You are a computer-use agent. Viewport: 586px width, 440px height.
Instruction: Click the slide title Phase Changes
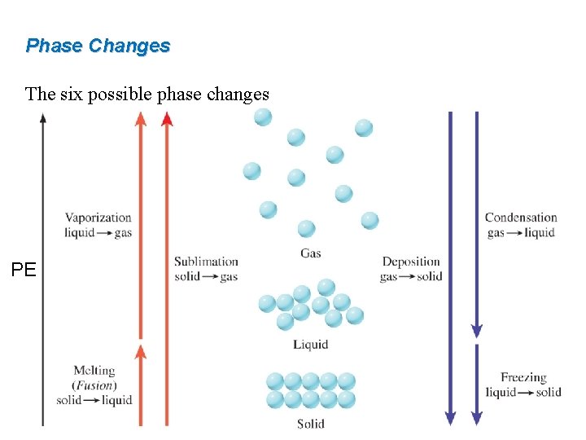[x=98, y=46]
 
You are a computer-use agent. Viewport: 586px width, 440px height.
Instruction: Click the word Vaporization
[x=98, y=218]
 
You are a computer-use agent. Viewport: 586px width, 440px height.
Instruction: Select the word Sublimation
[x=206, y=262]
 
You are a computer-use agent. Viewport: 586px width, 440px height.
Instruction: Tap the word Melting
[x=94, y=372]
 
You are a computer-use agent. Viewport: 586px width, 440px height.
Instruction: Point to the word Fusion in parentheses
[x=95, y=385]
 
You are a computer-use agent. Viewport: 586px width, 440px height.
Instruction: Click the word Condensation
[x=521, y=218]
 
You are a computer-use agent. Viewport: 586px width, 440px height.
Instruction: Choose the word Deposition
[x=411, y=262]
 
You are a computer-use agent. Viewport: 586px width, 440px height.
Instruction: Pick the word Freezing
[x=523, y=377]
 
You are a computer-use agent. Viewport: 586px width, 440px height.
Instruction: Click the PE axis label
[x=24, y=270]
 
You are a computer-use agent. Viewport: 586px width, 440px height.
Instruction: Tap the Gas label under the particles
[x=310, y=253]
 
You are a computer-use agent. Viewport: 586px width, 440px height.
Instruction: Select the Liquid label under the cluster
[x=310, y=345]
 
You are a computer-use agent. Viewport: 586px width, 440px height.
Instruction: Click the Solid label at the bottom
[x=310, y=424]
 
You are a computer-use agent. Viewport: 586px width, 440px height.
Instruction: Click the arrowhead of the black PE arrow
[x=43, y=117]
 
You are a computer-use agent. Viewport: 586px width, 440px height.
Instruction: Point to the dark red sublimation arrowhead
[x=167, y=119]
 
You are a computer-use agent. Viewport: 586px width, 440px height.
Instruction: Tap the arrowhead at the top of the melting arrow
[x=141, y=351]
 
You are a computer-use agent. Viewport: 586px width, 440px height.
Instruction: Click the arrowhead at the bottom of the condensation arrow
[x=476, y=331]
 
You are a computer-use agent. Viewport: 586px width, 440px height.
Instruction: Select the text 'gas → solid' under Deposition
[x=411, y=276]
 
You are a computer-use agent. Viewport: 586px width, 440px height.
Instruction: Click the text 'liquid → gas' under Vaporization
[x=98, y=232]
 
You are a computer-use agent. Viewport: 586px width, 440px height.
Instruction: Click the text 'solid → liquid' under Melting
[x=94, y=400]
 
